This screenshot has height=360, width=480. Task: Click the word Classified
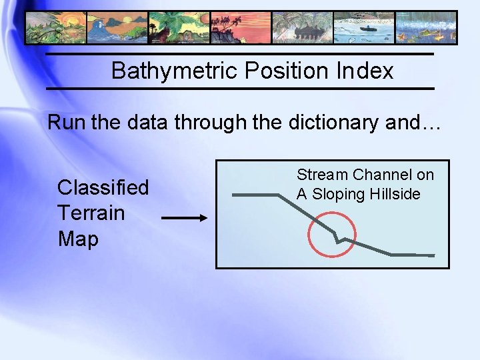coord(103,188)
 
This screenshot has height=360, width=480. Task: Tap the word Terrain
coord(91,213)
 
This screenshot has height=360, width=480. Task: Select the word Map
coord(78,239)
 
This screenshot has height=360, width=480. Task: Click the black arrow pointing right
coord(185,218)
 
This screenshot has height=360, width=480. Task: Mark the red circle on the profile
coord(333,235)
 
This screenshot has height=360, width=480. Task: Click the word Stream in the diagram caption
coord(322,175)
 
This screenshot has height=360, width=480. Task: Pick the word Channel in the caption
coord(383,175)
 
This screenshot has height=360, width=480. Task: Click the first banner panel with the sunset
coord(55,28)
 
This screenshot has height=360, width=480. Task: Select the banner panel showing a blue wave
coord(117,28)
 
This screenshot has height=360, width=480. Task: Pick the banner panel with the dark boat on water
coord(363,28)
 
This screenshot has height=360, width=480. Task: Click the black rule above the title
coord(239,54)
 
